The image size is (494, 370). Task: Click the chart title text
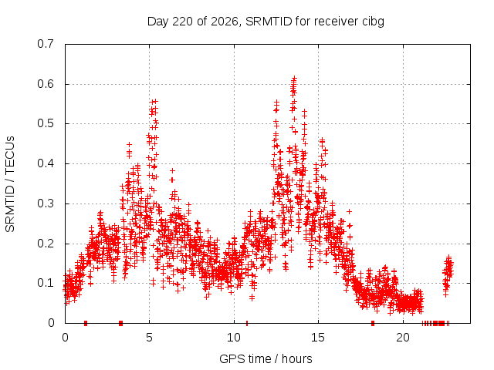click(266, 22)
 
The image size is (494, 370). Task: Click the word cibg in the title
click(373, 22)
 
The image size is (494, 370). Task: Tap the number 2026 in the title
click(224, 22)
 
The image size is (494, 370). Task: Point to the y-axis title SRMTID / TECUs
click(10, 184)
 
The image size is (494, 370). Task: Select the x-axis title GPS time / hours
click(266, 358)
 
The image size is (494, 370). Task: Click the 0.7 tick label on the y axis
click(46, 44)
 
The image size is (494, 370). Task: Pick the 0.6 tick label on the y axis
click(46, 84)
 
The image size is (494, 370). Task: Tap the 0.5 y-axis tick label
click(46, 123)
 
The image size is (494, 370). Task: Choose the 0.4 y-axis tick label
click(46, 163)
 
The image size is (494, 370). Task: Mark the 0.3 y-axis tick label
click(46, 203)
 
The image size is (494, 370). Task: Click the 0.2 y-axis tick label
click(46, 244)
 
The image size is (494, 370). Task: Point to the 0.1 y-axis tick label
click(46, 283)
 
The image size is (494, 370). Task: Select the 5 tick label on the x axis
click(149, 338)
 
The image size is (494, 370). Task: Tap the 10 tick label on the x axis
click(234, 338)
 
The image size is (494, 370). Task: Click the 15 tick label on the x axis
click(318, 338)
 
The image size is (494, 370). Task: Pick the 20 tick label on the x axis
click(403, 338)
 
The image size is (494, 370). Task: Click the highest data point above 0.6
click(295, 77)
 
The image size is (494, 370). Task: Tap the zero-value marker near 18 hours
click(373, 323)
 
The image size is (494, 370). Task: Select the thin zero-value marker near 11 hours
click(247, 323)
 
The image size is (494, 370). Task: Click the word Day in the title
click(158, 22)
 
